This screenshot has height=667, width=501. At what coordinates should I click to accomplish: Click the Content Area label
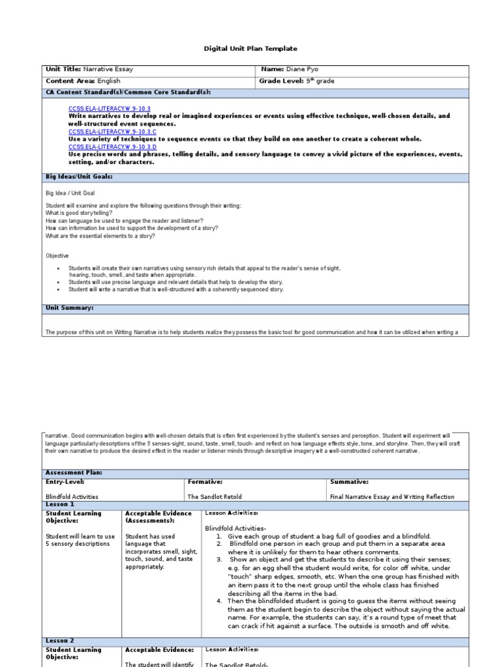coord(70,81)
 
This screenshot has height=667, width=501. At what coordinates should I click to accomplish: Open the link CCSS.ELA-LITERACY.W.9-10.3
coord(109,108)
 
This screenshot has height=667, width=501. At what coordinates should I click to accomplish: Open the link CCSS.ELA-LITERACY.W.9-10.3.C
coord(112,131)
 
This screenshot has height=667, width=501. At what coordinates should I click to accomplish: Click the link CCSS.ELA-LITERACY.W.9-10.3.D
coord(112,147)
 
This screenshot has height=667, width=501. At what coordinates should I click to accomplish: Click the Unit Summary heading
coord(69,307)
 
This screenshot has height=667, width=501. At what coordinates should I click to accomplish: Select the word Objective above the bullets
coord(57,256)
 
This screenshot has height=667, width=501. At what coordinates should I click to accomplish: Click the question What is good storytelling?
coord(79,213)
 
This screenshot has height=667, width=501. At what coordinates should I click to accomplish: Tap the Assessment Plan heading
coord(74,472)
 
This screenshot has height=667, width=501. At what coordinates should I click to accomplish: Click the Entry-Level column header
coord(66,482)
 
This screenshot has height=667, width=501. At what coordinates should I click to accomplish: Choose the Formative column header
coord(205,482)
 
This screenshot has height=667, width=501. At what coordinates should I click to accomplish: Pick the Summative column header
coord(350,482)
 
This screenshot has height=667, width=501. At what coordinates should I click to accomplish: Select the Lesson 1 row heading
coord(59,504)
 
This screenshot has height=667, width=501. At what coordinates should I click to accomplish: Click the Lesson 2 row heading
coord(59,641)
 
